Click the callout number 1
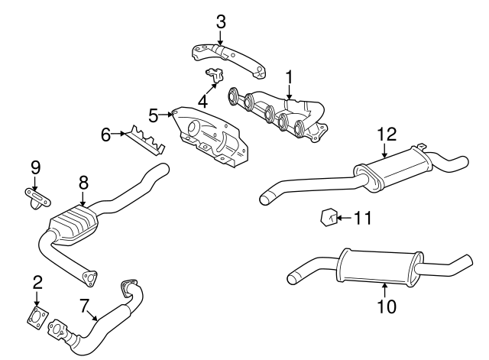pyautogui.click(x=290, y=76)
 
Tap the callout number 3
pyautogui.click(x=221, y=21)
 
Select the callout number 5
pyautogui.click(x=154, y=115)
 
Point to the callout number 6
pyautogui.click(x=106, y=135)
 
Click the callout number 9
pyautogui.click(x=35, y=167)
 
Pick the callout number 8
pyautogui.click(x=83, y=183)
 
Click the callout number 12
pyautogui.click(x=387, y=135)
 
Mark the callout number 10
pyautogui.click(x=387, y=306)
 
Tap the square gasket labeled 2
pyautogui.click(x=35, y=317)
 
